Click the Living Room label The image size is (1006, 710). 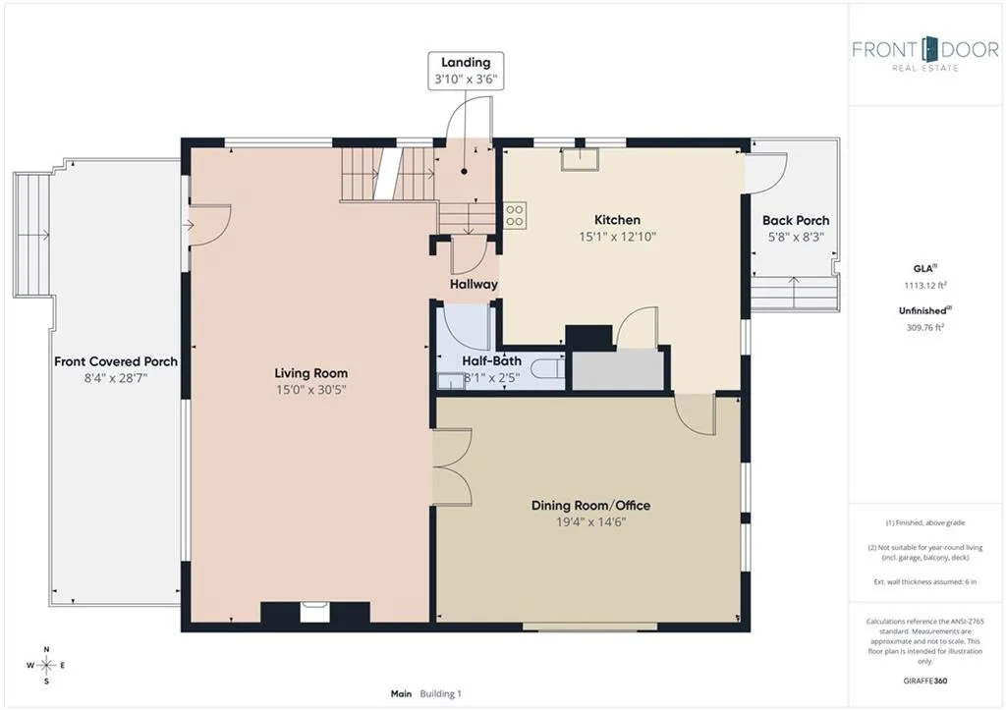click(311, 372)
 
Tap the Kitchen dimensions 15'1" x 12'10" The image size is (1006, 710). click(617, 237)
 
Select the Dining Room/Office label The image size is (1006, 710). click(590, 506)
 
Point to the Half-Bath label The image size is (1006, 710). click(491, 361)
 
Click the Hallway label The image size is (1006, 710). click(474, 284)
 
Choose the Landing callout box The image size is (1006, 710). click(466, 71)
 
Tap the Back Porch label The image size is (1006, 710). click(796, 220)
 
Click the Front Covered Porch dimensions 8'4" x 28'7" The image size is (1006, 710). click(116, 378)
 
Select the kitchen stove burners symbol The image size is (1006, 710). click(515, 215)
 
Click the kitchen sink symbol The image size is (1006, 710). click(580, 160)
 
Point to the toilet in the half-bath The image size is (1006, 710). click(548, 369)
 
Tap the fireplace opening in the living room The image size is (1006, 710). click(315, 612)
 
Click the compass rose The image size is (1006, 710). click(46, 665)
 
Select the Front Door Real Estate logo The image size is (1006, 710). click(925, 54)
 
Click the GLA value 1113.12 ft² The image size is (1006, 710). click(925, 286)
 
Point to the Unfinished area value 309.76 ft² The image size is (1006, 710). click(925, 327)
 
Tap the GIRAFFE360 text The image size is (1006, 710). click(925, 681)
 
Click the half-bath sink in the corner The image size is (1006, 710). click(449, 382)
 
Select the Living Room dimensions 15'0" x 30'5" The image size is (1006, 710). click(311, 390)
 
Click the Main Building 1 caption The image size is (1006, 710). click(426, 693)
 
